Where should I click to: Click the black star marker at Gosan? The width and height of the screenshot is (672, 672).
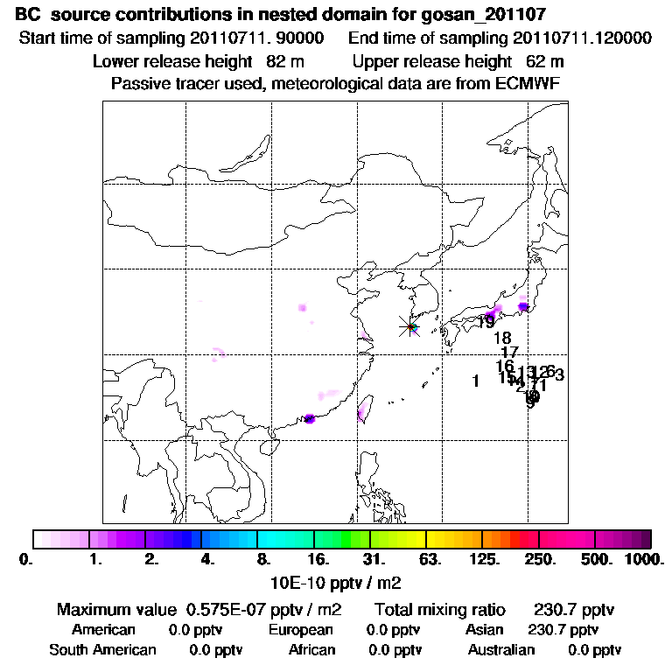pos(409,327)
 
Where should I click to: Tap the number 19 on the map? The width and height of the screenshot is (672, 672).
pos(486,322)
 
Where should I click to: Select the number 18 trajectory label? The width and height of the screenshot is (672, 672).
pos(502,338)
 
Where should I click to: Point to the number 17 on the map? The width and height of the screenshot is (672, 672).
pos(510,352)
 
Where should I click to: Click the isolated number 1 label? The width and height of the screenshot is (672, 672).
pos(475,381)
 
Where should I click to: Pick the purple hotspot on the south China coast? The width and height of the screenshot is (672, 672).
pos(309,419)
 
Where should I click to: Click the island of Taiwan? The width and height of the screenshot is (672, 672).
pos(362,408)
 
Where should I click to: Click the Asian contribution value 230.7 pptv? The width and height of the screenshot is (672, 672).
pos(563,630)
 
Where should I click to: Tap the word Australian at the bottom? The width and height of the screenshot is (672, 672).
pos(501,650)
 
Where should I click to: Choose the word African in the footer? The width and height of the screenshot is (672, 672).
pos(311,650)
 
